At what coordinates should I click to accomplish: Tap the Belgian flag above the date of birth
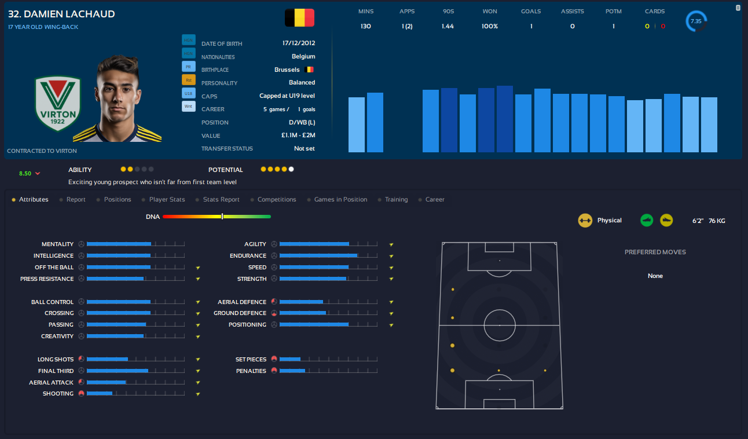click(299, 18)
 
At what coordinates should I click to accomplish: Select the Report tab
click(76, 199)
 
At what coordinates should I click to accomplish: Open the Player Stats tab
click(167, 199)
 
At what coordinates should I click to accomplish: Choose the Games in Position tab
click(340, 199)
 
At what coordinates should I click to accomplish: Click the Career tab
click(435, 199)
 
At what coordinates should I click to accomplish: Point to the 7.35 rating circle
click(696, 21)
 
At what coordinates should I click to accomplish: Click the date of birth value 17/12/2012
click(299, 43)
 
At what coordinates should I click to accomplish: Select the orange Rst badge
click(189, 80)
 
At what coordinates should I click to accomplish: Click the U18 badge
click(189, 93)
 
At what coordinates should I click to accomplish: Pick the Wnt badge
click(189, 107)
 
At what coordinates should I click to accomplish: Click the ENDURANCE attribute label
click(248, 256)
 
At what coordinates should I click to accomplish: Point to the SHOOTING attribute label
click(58, 394)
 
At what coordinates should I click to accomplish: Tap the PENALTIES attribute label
click(251, 371)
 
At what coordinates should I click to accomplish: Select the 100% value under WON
click(490, 26)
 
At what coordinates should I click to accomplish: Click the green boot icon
click(647, 220)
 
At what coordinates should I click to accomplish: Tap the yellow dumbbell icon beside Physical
click(585, 220)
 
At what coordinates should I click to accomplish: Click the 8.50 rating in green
click(25, 173)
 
